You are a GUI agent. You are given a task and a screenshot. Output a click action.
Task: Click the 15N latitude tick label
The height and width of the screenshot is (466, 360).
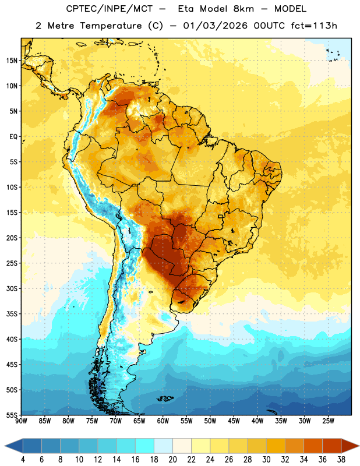click(12, 61)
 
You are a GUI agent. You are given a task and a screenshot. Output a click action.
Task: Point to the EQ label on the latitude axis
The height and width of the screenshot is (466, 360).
click(13, 137)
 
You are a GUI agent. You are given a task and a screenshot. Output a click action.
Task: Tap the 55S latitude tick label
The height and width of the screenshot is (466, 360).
click(12, 415)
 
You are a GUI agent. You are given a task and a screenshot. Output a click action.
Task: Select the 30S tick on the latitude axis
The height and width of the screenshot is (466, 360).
click(12, 288)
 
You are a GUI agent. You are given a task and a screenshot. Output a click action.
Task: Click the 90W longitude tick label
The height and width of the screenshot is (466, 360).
click(21, 421)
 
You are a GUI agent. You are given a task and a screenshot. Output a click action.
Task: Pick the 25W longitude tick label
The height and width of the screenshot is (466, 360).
click(328, 421)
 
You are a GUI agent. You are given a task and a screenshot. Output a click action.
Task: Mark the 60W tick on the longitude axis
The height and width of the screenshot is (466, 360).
click(163, 421)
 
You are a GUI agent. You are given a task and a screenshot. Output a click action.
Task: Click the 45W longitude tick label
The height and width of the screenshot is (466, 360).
click(234, 421)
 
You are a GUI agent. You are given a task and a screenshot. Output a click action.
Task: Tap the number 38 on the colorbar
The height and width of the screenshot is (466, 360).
click(341, 460)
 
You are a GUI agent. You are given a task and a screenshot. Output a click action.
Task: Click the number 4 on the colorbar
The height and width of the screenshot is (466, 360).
click(23, 460)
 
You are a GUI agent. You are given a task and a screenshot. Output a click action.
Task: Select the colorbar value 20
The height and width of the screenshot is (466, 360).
click(172, 460)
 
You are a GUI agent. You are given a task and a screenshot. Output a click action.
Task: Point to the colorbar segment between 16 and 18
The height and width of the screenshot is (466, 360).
click(145, 446)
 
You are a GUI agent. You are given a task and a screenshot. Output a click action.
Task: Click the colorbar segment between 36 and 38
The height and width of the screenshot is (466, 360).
click(332, 446)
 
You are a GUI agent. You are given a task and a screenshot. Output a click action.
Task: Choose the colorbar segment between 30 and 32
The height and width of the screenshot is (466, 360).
click(276, 446)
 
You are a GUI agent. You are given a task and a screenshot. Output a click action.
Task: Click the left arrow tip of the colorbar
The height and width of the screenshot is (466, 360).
click(5, 446)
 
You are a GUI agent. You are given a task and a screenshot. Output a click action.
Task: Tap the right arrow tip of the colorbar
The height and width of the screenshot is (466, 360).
click(359, 446)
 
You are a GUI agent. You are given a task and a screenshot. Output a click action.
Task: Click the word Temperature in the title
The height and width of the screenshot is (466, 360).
click(111, 26)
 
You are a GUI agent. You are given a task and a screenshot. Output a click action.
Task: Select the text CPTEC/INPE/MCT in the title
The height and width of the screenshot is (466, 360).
click(110, 9)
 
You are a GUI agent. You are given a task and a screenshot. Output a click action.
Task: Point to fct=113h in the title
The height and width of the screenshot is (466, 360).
click(314, 26)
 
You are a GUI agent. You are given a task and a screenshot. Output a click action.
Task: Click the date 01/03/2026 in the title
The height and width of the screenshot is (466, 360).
click(215, 26)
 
